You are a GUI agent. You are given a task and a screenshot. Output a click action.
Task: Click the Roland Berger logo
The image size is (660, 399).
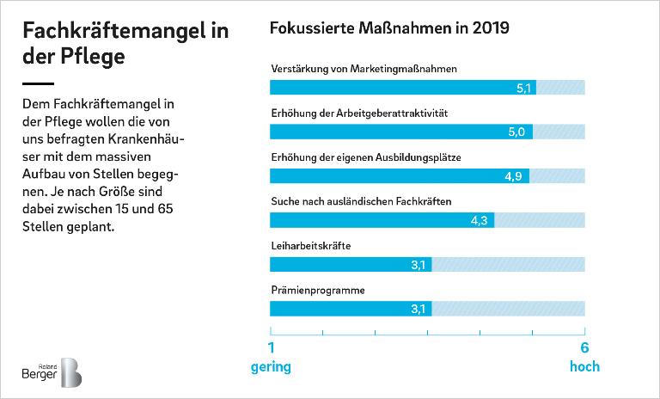51,372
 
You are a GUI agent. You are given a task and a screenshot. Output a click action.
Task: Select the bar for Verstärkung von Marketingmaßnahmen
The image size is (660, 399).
402,88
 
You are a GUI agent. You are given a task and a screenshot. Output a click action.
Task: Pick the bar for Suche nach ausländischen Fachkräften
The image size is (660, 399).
382,220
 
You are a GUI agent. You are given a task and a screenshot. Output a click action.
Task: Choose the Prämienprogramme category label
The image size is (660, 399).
317,290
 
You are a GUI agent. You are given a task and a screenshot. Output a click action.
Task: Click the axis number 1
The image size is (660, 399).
272,348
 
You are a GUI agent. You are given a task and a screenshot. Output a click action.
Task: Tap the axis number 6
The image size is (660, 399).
584,348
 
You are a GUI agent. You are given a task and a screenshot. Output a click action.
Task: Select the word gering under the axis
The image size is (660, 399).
271,367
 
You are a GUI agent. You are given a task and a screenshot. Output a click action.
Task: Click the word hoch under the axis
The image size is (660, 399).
584,367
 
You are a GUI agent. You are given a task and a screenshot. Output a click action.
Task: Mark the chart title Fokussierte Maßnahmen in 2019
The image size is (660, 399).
389,28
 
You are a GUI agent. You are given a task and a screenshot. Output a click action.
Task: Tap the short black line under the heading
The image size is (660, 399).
39,83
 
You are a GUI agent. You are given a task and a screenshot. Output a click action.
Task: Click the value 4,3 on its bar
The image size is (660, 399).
480,220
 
